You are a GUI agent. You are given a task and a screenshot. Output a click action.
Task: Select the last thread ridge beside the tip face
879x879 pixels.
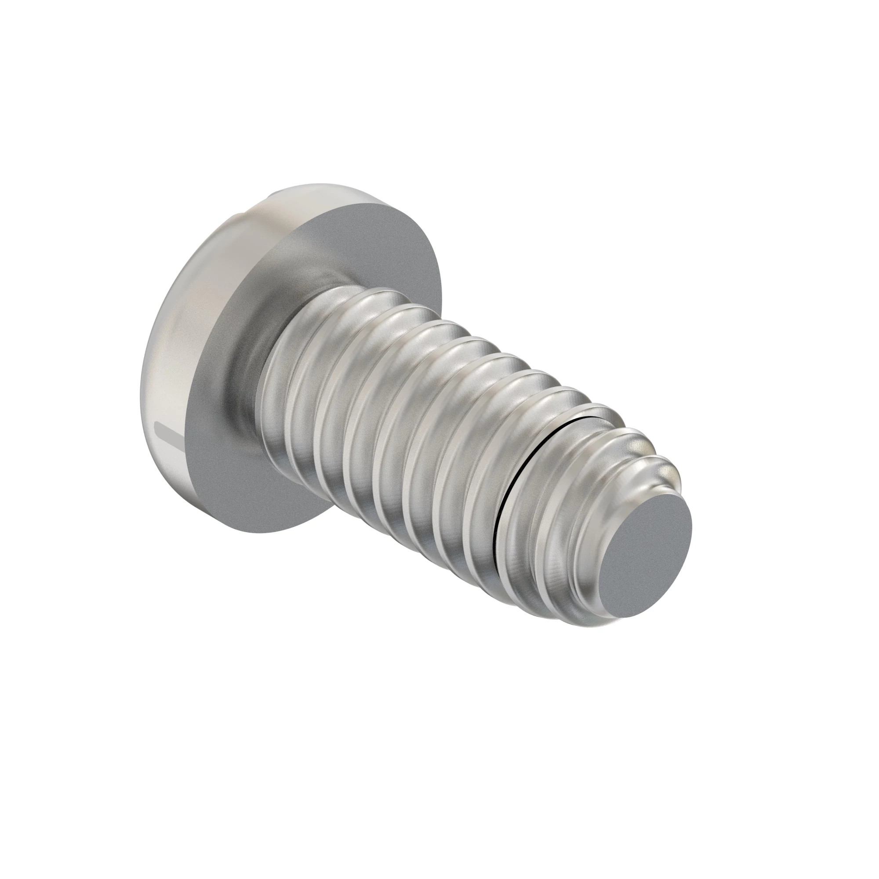[x=592, y=537]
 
